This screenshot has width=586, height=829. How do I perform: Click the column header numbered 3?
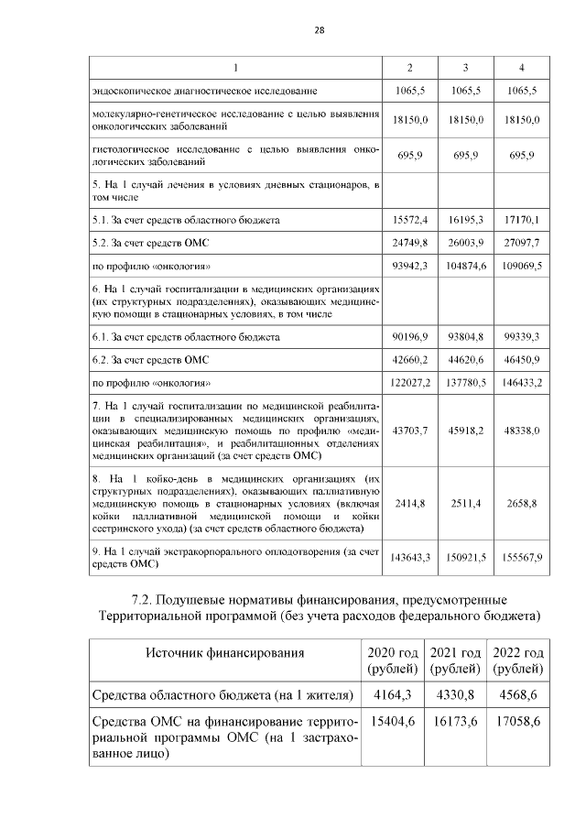pos(465,69)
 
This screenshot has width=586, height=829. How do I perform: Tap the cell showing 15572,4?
pos(411,220)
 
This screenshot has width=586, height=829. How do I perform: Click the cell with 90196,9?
pos(411,336)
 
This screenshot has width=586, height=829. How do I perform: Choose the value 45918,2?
pos(465,429)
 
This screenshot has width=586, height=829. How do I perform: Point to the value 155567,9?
pos(520,557)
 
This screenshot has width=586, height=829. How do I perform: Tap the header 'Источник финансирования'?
pos(224,652)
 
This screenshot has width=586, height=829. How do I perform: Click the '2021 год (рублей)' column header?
pos(455,660)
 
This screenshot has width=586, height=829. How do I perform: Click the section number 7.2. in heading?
pos(141,600)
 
